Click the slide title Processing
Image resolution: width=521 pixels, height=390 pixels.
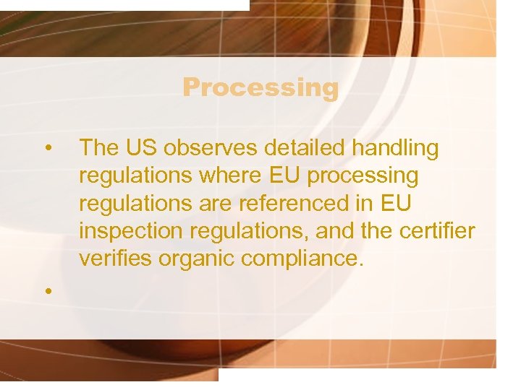point(260,87)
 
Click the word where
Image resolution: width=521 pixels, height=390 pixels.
point(223,175)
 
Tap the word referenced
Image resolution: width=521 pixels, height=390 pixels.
point(281,203)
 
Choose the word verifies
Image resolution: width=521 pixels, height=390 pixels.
point(113,258)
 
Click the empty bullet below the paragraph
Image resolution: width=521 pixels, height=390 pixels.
point(47,290)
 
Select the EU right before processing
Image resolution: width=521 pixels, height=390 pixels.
point(285,175)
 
